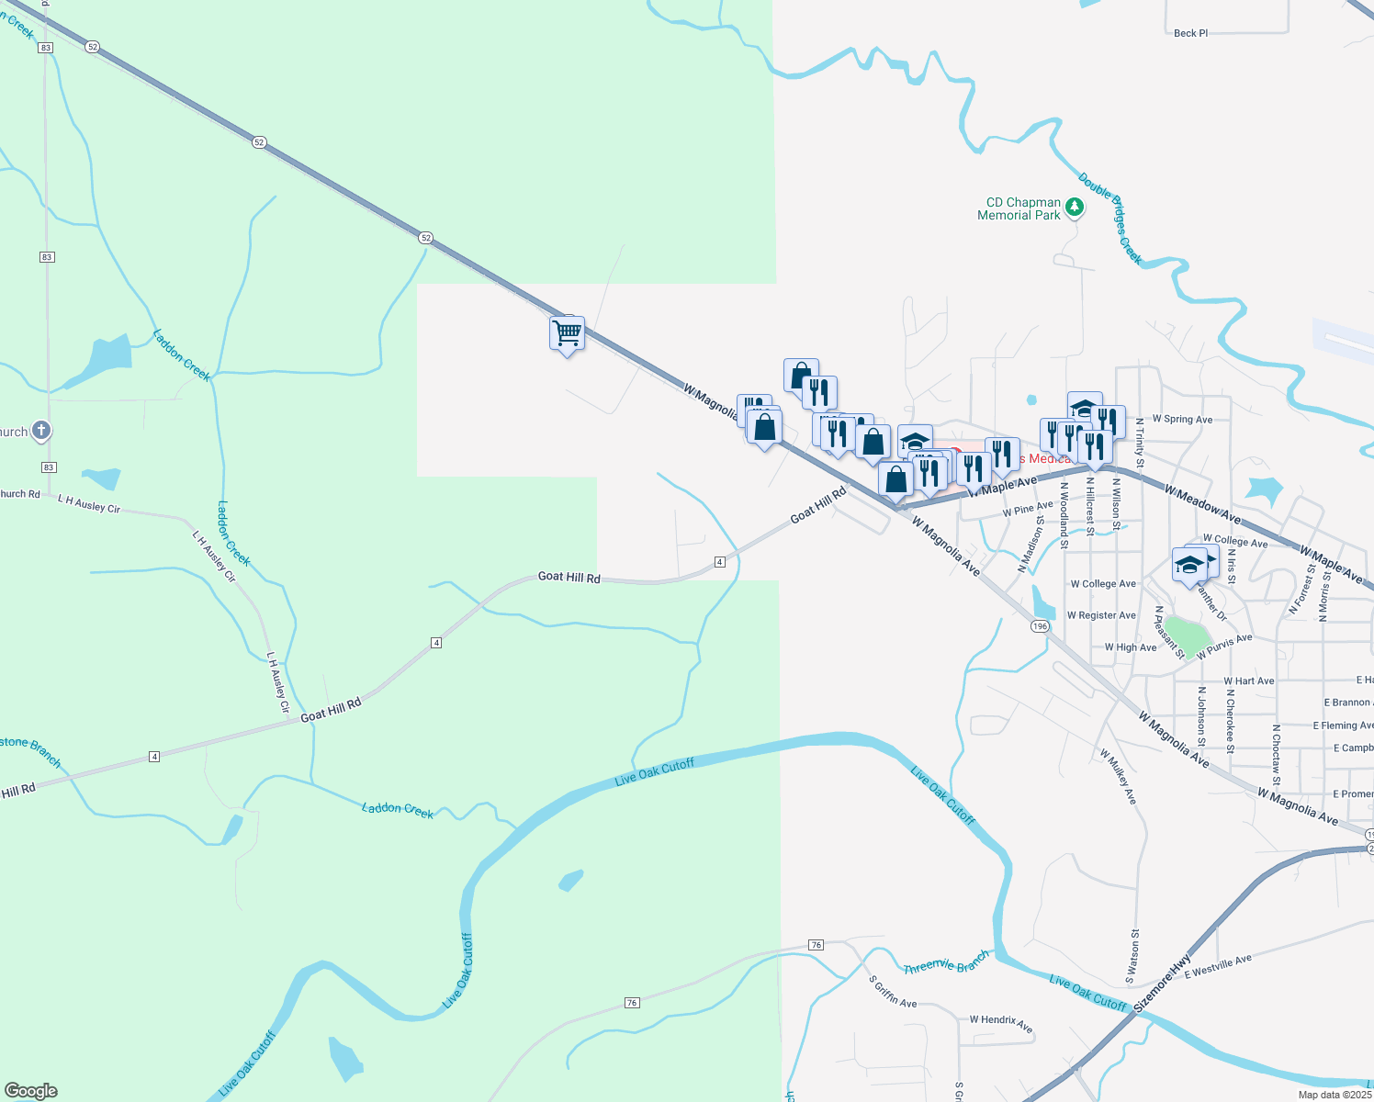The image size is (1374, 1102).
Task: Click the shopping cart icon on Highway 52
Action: pyautogui.click(x=568, y=332)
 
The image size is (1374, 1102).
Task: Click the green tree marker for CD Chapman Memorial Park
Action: pyautogui.click(x=1074, y=208)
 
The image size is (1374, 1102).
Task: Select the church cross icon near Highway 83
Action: pyautogui.click(x=40, y=430)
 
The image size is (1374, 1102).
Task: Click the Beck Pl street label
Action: pyautogui.click(x=1190, y=33)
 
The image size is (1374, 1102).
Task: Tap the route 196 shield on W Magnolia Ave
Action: pyautogui.click(x=1039, y=626)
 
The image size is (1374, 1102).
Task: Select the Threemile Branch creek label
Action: pyautogui.click(x=946, y=962)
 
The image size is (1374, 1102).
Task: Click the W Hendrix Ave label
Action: pyautogui.click(x=1001, y=1023)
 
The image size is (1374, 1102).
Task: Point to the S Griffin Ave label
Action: pyautogui.click(x=893, y=991)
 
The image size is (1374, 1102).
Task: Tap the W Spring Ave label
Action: pyautogui.click(x=1182, y=420)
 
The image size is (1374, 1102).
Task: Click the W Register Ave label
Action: pyautogui.click(x=1101, y=615)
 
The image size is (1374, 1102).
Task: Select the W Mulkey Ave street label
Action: pyautogui.click(x=1119, y=777)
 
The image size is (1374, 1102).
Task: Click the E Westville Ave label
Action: pyautogui.click(x=1218, y=967)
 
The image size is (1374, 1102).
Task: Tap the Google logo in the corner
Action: pyautogui.click(x=31, y=1091)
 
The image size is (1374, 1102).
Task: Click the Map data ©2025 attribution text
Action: pyautogui.click(x=1335, y=1095)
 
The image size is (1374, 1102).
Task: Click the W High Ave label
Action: pyautogui.click(x=1131, y=647)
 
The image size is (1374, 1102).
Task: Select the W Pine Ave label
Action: pyautogui.click(x=1028, y=508)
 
